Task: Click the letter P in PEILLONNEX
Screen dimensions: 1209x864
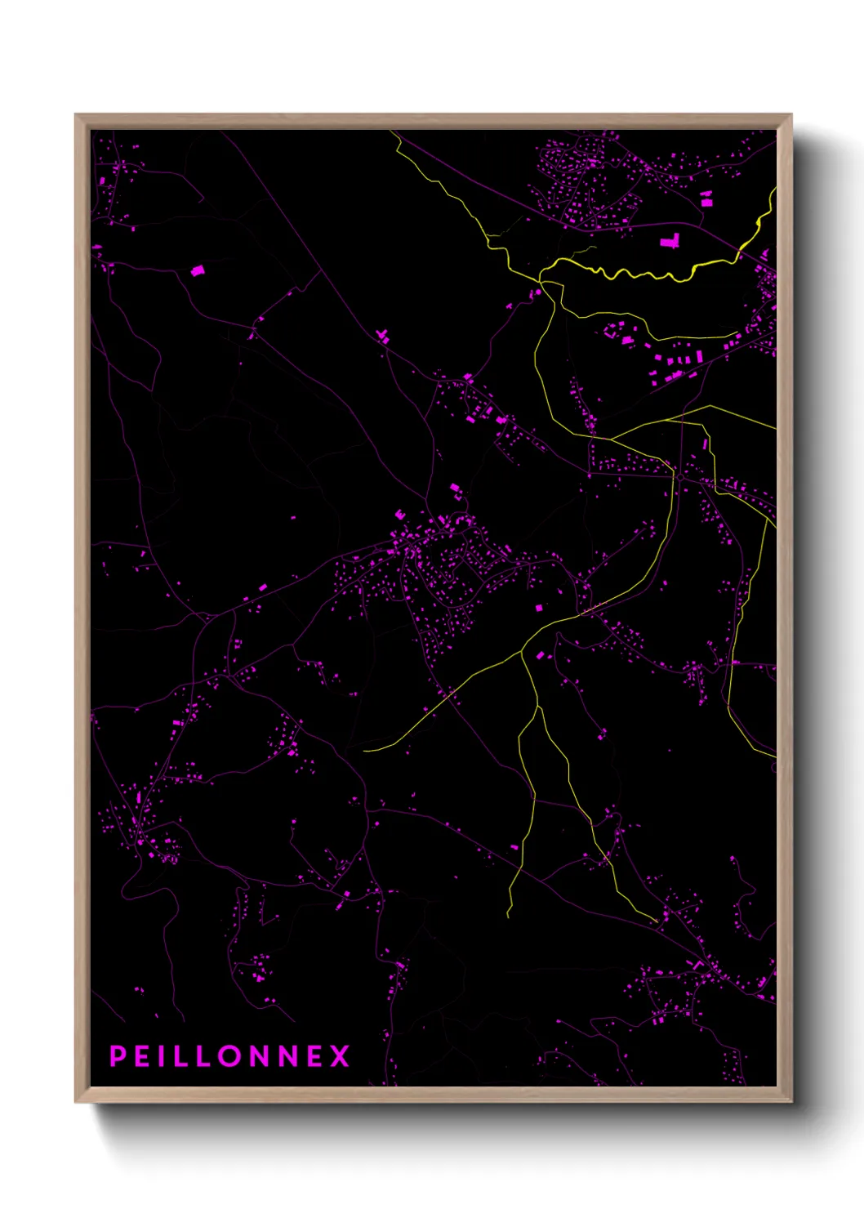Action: tap(118, 1056)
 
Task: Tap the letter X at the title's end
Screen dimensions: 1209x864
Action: tap(340, 1056)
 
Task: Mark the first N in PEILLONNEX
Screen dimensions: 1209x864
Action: tap(260, 1056)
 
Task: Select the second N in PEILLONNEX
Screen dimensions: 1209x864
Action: tap(287, 1056)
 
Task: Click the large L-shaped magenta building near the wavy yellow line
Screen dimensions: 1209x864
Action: tap(670, 241)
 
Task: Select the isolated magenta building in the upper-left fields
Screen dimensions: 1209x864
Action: tap(197, 270)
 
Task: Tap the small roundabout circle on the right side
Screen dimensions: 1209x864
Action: tap(679, 475)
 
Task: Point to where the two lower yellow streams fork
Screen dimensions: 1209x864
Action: tap(522, 653)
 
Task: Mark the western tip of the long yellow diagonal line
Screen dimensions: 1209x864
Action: tap(364, 749)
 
